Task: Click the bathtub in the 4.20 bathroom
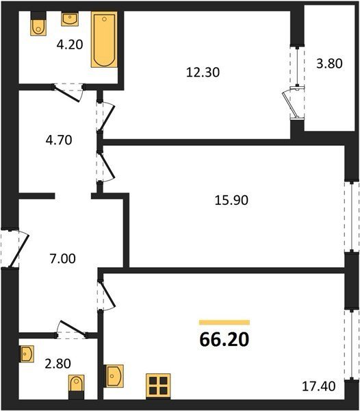tap(104, 39)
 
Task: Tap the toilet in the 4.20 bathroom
tap(38, 24)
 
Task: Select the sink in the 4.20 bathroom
tap(70, 19)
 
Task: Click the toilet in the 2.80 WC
tap(77, 387)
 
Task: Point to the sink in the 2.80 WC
tap(27, 354)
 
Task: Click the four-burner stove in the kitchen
tap(158, 386)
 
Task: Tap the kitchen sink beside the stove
tap(114, 376)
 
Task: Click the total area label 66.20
tap(224, 340)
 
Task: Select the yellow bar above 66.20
tap(224, 323)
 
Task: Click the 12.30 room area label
tap(203, 72)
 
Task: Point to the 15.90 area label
tap(231, 200)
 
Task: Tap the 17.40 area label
tap(319, 386)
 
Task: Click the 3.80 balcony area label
tap(329, 64)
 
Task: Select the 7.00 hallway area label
tap(62, 258)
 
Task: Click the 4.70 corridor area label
tap(59, 140)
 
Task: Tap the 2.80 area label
tap(57, 364)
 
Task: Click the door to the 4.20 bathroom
tap(68, 92)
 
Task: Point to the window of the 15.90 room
tap(351, 216)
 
